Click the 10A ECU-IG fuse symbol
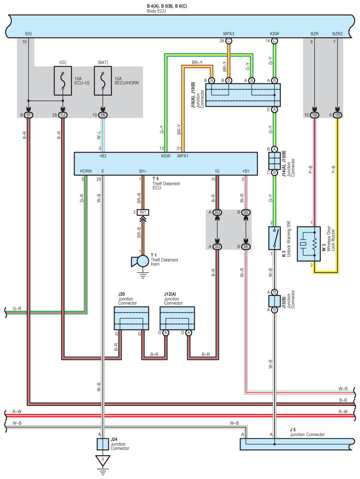[63, 81]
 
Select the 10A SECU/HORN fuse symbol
[103, 81]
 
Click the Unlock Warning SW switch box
[275, 238]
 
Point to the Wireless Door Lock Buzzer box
[309, 244]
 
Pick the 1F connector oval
[28, 115]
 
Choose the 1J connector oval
[63, 115]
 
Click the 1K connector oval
[103, 115]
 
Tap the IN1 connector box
[143, 212]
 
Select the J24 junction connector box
[103, 444]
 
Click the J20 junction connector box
[131, 318]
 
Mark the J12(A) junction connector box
[177, 318]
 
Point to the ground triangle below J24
[103, 460]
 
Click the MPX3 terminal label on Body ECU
[229, 34]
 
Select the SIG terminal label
[28, 34]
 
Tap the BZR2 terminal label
[338, 34]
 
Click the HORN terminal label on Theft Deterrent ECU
[86, 171]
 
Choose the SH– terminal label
[143, 171]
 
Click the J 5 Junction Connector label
[307, 432]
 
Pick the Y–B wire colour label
[333, 169]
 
